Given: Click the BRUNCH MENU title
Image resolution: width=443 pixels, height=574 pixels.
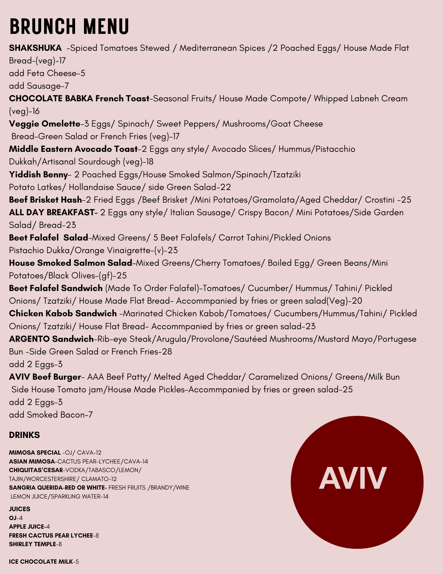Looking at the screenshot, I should click(69, 26).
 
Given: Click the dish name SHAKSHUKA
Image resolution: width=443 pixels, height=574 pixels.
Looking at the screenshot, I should click(35, 48).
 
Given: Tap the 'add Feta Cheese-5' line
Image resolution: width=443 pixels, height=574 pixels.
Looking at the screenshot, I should click(47, 73).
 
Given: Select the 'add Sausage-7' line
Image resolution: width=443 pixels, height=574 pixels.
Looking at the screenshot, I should click(39, 86).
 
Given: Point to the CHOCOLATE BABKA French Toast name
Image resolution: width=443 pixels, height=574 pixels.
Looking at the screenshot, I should click(79, 98).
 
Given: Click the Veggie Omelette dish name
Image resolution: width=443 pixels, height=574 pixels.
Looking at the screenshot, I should click(45, 124).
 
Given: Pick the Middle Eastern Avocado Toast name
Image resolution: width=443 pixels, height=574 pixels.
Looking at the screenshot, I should click(73, 149).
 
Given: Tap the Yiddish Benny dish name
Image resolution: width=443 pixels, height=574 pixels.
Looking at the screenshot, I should click(38, 174).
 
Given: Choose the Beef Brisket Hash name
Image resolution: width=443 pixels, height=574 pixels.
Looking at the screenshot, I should click(45, 199).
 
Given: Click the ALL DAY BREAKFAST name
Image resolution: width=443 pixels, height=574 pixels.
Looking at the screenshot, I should click(52, 212).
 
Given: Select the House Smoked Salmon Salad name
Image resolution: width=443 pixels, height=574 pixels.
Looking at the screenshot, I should click(71, 263).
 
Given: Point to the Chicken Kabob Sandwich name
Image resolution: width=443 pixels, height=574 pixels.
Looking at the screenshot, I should click(63, 313).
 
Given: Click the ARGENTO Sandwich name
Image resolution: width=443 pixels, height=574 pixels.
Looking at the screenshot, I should click(51, 339).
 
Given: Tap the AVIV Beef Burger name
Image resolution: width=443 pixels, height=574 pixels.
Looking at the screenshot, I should click(45, 377).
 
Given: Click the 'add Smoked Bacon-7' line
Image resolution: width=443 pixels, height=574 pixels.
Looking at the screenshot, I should click(51, 415).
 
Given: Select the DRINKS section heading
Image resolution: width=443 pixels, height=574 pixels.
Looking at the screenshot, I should click(24, 435).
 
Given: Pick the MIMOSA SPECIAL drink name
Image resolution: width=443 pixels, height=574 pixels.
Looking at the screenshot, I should click(35, 453).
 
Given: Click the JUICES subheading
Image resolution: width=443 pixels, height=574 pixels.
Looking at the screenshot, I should click(19, 509).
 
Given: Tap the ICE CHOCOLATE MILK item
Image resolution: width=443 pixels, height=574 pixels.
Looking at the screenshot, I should click(41, 561).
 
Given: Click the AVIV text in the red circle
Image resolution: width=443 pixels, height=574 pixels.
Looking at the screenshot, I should click(353, 478).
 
